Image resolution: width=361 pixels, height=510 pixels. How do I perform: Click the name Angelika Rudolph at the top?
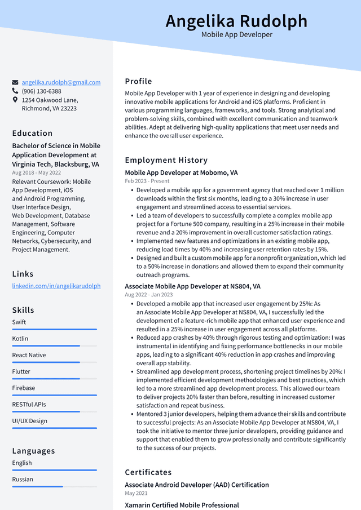[236, 21]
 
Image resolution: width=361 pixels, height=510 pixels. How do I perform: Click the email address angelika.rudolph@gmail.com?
[61, 82]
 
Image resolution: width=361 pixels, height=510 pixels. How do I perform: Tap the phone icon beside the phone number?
[15, 91]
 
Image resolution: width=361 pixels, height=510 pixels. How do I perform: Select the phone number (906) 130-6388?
[41, 91]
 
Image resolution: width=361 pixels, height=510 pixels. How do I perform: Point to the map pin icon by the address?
[15, 100]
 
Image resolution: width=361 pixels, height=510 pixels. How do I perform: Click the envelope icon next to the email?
[15, 82]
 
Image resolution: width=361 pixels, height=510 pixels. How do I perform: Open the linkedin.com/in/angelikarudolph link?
[56, 286]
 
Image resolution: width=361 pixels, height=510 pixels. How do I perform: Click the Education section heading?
[32, 134]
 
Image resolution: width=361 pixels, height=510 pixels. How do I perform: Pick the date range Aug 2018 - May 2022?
[36, 172]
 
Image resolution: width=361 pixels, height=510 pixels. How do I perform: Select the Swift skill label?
[19, 322]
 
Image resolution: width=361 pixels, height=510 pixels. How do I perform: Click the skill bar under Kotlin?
[54, 345]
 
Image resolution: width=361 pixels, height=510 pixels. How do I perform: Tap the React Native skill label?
[29, 355]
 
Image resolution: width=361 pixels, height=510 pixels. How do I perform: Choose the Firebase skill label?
[24, 388]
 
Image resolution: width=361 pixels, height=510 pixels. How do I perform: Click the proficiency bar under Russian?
[54, 486]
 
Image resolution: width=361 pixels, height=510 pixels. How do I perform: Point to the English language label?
[22, 463]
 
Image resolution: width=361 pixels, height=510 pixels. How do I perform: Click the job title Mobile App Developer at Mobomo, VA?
[181, 172]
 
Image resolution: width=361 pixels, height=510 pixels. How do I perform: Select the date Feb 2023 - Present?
[147, 181]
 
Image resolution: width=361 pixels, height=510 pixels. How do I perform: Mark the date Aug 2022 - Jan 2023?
[149, 295]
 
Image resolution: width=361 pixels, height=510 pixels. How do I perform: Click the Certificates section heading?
[148, 472]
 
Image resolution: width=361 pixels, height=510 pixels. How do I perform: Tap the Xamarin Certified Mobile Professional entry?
[182, 505]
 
